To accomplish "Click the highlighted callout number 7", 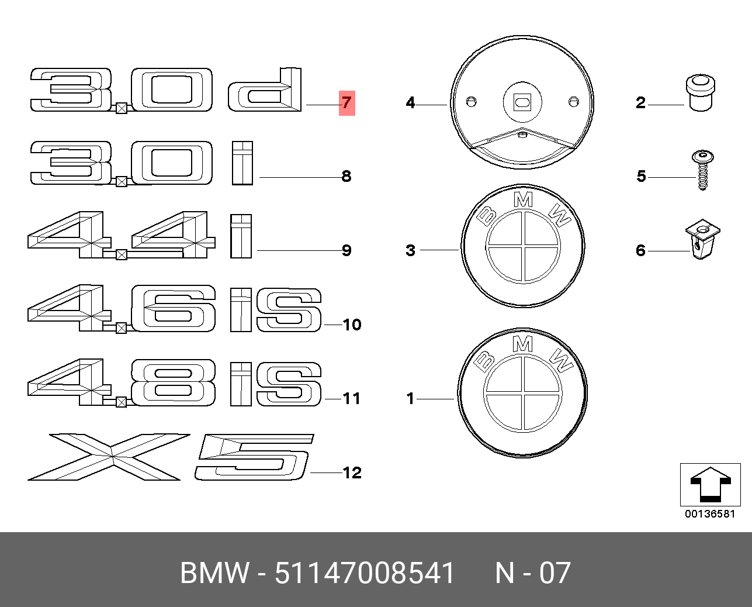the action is (x=346, y=103).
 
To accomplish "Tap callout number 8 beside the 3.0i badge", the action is (x=346, y=176).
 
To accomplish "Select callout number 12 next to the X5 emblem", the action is (x=352, y=473).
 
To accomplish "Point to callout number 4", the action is (x=410, y=102).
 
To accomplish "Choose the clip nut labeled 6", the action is (x=702, y=239).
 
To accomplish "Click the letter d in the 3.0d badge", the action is (x=265, y=89).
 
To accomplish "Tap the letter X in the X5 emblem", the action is (x=108, y=457).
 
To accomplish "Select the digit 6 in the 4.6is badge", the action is (x=173, y=308).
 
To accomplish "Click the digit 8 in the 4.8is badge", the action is (x=173, y=382).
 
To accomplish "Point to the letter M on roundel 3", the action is (x=523, y=200).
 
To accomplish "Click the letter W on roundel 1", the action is (x=562, y=361).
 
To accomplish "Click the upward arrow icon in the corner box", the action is (x=710, y=484).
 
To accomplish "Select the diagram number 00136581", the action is (x=710, y=514).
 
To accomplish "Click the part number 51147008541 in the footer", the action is (x=365, y=572).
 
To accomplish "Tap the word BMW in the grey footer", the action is (x=215, y=572).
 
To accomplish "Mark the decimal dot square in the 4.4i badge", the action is (x=122, y=255).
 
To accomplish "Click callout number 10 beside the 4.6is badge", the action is (x=352, y=325).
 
